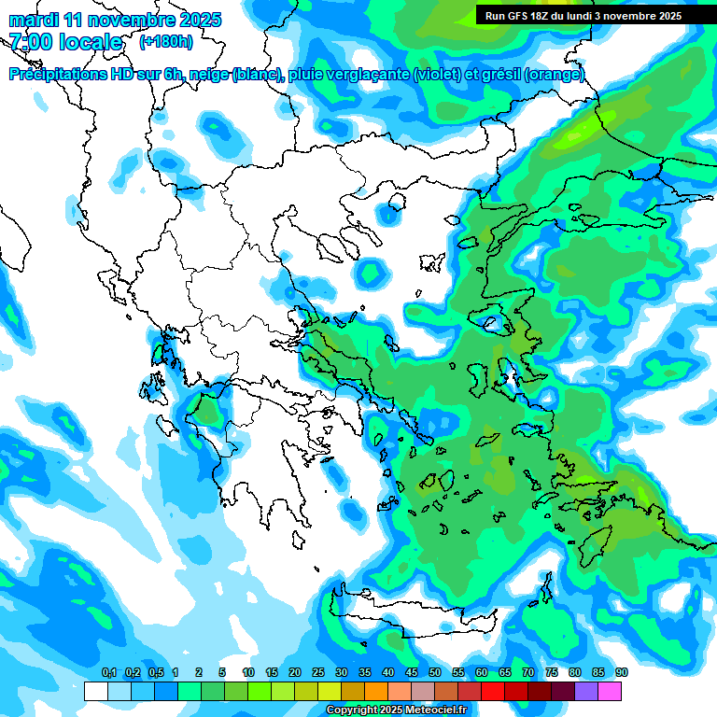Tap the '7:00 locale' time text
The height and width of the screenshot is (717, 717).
[65, 42]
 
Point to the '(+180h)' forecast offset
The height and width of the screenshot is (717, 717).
[165, 42]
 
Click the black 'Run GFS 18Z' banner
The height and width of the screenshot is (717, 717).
[583, 16]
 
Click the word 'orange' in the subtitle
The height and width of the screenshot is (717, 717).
[556, 75]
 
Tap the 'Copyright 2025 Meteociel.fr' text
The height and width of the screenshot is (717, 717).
[396, 710]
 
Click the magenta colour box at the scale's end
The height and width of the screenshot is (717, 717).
[610, 691]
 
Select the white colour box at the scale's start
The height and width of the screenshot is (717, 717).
[96, 691]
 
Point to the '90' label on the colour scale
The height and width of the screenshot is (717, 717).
[622, 672]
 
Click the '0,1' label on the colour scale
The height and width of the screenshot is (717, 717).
[108, 672]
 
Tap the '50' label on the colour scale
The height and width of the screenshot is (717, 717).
[435, 672]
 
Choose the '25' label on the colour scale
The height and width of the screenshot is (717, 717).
[318, 672]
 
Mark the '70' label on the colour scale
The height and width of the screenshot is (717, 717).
[528, 672]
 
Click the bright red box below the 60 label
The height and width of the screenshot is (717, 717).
[493, 691]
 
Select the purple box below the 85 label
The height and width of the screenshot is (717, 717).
[586, 691]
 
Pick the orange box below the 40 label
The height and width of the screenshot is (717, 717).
[376, 691]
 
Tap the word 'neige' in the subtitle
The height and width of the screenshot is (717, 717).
[209, 75]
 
